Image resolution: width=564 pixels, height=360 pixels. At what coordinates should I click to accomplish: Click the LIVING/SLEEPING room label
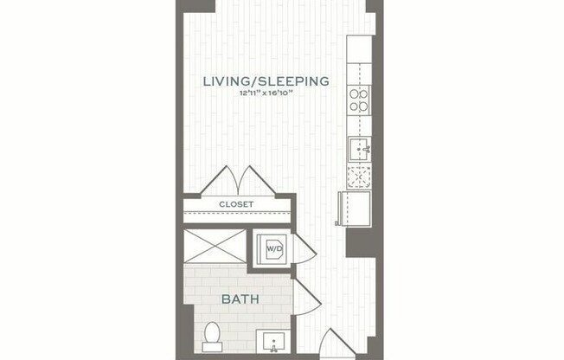(x=266, y=81)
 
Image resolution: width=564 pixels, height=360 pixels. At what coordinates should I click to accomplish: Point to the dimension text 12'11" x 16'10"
(x=266, y=94)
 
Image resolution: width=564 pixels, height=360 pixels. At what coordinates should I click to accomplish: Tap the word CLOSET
(x=235, y=204)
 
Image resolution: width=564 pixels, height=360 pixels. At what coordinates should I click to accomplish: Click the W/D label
(x=273, y=249)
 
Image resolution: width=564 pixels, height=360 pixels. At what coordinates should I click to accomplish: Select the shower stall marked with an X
(x=215, y=245)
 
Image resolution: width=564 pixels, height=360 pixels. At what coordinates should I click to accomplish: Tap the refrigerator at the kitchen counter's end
(x=354, y=209)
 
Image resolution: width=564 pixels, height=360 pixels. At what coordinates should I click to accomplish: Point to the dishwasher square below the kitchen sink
(x=358, y=177)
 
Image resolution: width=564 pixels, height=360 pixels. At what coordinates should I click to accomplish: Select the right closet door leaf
(x=258, y=181)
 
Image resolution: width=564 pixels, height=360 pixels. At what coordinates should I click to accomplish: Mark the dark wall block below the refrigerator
(x=358, y=242)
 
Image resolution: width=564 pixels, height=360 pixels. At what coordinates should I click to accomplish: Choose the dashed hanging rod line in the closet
(x=235, y=213)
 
